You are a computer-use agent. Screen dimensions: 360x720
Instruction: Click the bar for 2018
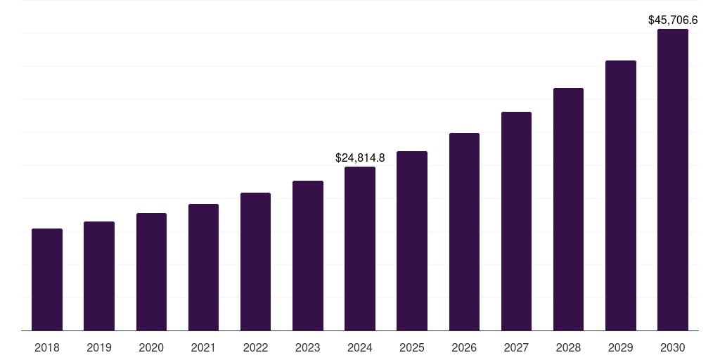click(47, 280)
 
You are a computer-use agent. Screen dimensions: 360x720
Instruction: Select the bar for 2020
click(151, 272)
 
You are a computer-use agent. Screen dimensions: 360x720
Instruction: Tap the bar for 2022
click(255, 262)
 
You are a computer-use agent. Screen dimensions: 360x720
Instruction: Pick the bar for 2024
click(360, 249)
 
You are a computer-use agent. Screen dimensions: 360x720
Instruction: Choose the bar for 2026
click(464, 232)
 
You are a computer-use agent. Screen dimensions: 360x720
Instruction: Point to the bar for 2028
click(568, 210)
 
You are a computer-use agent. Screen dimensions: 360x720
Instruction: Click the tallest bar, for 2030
click(672, 180)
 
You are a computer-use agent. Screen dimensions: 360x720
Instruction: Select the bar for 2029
click(620, 195)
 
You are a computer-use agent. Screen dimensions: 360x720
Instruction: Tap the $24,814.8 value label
click(360, 158)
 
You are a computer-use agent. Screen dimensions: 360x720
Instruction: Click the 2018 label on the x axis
click(47, 347)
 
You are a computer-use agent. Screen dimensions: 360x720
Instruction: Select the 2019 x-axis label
click(99, 347)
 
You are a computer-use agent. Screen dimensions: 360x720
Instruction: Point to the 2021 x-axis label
click(203, 347)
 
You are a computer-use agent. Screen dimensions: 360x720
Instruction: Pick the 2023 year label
click(307, 347)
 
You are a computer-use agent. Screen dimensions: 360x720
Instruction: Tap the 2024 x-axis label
click(360, 347)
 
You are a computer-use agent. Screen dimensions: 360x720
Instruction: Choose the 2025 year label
click(412, 347)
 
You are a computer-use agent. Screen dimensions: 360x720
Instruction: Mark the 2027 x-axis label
click(516, 347)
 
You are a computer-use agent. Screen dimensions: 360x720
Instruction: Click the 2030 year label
click(672, 347)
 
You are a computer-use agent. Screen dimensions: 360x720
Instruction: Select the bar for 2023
click(307, 256)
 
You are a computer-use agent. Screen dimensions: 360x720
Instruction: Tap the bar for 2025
click(412, 241)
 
